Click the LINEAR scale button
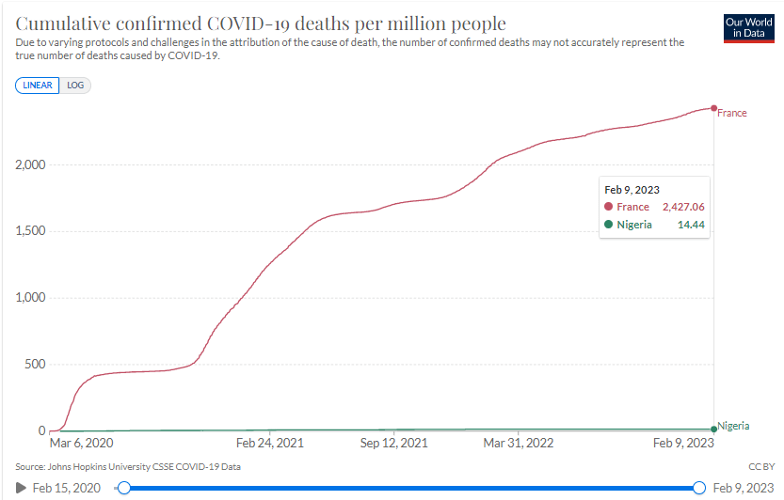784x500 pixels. [38, 85]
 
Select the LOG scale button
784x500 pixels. [75, 85]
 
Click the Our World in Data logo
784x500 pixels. [748, 27]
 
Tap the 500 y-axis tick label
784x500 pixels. [34, 365]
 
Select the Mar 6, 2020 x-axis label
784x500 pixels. [81, 443]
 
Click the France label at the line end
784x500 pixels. [732, 114]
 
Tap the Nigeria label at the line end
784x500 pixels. [734, 426]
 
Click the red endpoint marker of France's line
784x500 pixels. [714, 108]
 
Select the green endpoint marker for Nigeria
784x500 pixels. [714, 430]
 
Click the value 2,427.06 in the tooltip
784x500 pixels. [684, 207]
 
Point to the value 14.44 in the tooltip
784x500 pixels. [692, 225]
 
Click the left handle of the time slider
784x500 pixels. [122, 488]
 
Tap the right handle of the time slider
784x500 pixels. [699, 488]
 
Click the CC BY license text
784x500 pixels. [760, 466]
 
